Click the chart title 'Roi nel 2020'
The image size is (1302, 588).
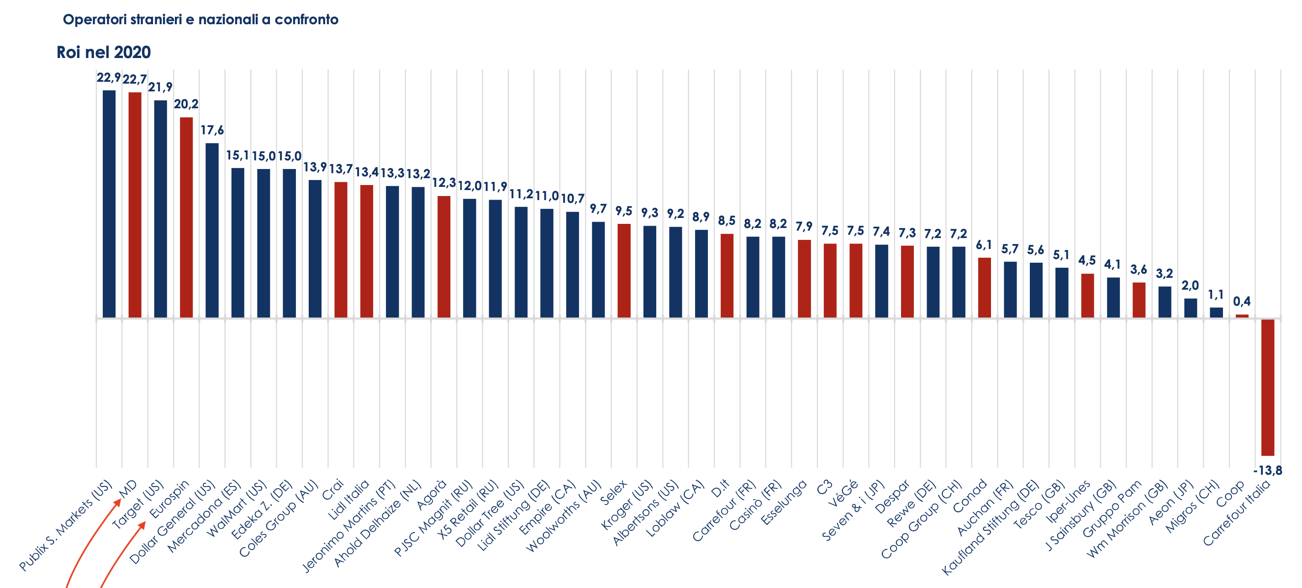tap(104, 52)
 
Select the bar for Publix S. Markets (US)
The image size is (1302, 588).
tap(109, 204)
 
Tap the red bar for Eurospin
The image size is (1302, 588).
tap(186, 217)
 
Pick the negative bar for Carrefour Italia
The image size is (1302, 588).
tap(1268, 387)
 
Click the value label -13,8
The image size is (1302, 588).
tap(1268, 471)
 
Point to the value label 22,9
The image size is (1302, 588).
tap(109, 78)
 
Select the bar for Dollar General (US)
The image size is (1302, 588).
tap(212, 230)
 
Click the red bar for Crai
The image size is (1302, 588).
tap(341, 250)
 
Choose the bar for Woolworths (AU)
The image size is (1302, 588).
tap(598, 270)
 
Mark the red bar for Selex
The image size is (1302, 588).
tap(624, 270)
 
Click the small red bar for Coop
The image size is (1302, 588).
tap(1242, 316)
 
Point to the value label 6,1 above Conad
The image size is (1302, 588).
tap(984, 245)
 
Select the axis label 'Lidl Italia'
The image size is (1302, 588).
tap(349, 499)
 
